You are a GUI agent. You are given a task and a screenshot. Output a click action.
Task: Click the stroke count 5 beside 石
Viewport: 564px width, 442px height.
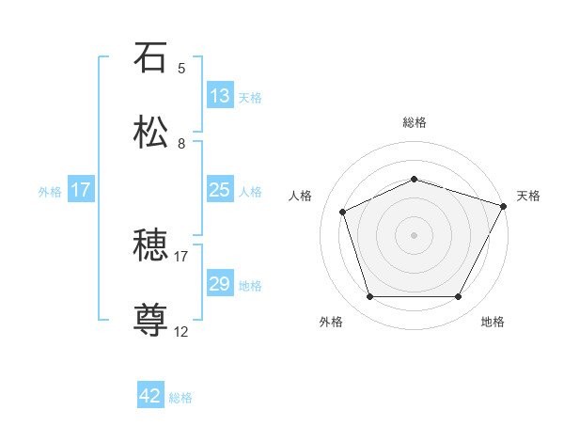(x=181, y=69)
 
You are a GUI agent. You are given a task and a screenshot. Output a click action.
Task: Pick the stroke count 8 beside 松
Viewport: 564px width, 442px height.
(x=181, y=144)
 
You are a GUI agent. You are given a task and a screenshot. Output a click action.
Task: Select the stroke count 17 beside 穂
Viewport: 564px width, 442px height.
(x=181, y=256)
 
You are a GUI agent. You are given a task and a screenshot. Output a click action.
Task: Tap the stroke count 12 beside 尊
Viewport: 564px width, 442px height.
(x=181, y=331)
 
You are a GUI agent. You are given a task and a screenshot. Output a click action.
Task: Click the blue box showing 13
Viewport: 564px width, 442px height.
(x=220, y=96)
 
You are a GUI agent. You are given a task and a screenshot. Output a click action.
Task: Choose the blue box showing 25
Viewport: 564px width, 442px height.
(x=220, y=190)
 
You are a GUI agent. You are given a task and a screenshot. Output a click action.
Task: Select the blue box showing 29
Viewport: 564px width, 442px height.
(x=220, y=284)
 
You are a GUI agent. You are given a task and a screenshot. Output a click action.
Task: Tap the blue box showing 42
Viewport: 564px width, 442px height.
(x=150, y=396)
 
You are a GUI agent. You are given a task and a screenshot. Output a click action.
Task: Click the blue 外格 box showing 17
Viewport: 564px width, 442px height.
(x=81, y=190)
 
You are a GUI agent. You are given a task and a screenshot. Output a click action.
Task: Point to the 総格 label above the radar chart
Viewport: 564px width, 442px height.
(x=415, y=122)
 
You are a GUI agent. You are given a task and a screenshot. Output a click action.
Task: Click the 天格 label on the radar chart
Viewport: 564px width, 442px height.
(x=528, y=196)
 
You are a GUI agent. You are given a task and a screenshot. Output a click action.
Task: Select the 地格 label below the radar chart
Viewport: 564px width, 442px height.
(x=493, y=322)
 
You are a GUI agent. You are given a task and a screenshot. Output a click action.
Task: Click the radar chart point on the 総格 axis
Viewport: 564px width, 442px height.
(x=415, y=179)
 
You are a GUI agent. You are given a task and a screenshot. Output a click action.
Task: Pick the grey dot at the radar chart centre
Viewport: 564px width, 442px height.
(x=415, y=235)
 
